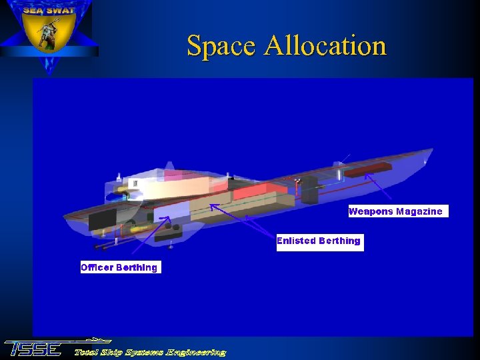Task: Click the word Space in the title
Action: click(221, 46)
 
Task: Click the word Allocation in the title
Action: click(325, 46)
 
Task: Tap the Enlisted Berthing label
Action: click(319, 241)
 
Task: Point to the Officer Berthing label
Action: click(120, 267)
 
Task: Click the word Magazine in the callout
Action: click(419, 211)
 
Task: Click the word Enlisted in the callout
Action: click(296, 241)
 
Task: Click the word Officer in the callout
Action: click(97, 267)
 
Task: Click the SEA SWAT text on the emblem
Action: click(48, 10)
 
